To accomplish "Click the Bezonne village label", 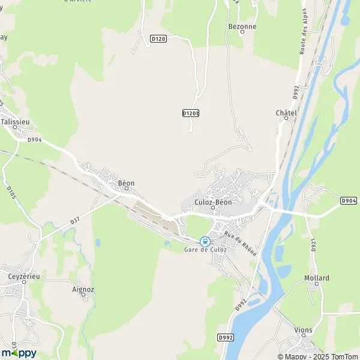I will pos(242,26).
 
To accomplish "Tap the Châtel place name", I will pos(286,113).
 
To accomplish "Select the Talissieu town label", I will pos(15,121).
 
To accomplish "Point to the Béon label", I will pos(126,183).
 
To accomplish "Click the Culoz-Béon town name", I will pos(213,202).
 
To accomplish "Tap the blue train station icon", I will pos(205,242).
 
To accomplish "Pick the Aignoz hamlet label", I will pos(83,289).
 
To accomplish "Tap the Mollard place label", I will pos(316,278).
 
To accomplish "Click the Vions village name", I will pos(304,329).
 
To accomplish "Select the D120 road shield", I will pos(158,39).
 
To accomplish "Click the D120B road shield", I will pos(190,113).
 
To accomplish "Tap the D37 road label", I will pos(75,221).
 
